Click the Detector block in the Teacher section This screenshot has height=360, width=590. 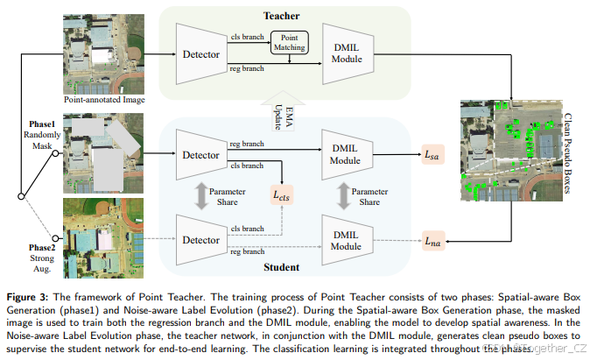[202, 53]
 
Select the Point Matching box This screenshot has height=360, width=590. [288, 42]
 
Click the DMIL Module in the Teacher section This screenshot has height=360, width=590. [347, 54]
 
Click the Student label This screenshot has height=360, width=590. [281, 266]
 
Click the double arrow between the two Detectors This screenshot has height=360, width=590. [201, 196]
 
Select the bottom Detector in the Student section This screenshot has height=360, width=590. [202, 238]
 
